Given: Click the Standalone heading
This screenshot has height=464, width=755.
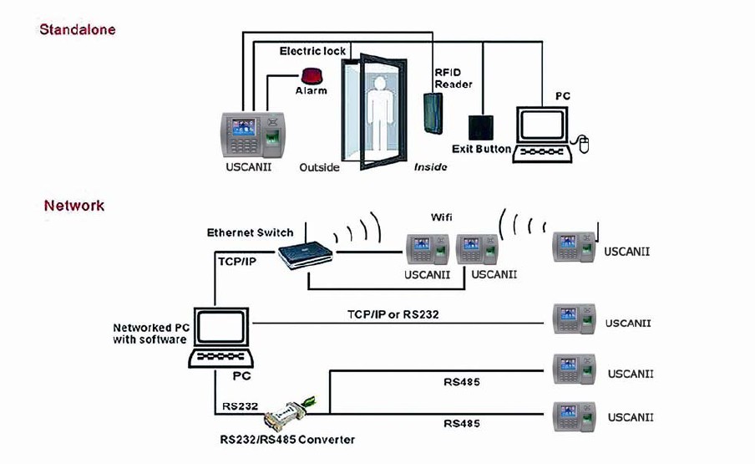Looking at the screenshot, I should point(78,29).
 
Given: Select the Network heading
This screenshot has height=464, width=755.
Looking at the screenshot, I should point(74,205).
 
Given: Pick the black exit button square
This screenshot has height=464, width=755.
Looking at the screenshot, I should point(479,127).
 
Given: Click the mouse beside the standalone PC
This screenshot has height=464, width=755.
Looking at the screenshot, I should point(585,146).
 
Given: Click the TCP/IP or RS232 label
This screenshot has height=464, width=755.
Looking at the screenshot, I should point(393,314).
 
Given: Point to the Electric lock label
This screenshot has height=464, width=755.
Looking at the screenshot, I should point(312,51).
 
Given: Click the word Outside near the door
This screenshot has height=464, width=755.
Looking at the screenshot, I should point(319,167).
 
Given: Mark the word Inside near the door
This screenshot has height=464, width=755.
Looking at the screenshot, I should point(430,167).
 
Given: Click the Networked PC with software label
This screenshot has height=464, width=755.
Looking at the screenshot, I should point(149,333).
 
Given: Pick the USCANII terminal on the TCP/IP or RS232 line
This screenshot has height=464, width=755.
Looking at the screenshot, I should point(574,322).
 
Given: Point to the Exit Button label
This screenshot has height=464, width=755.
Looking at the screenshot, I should point(481,149).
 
